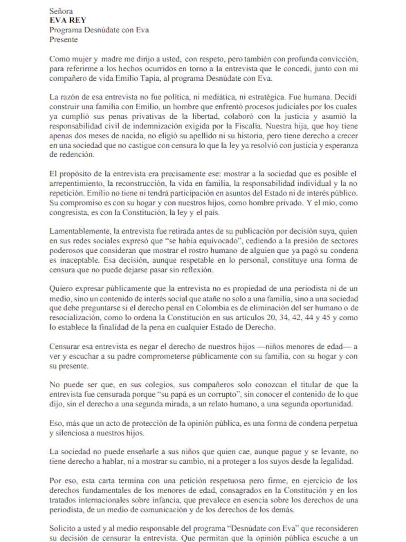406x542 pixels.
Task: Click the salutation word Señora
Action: (61, 11)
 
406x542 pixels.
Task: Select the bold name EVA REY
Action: (68, 20)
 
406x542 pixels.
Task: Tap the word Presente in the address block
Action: (63, 40)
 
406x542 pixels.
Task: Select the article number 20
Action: (283, 317)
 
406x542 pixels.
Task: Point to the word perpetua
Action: (343, 423)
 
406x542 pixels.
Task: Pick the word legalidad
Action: (336, 461)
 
